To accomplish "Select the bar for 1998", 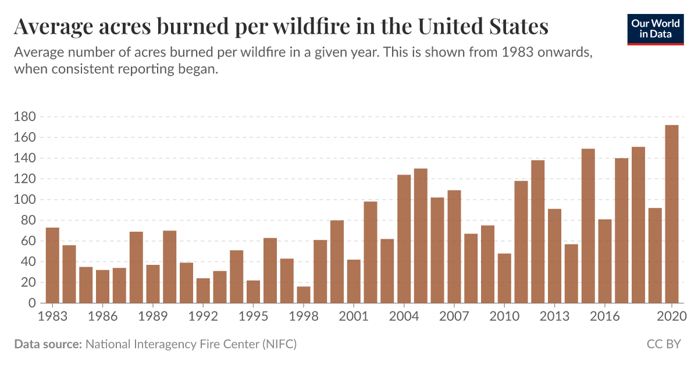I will click(x=304, y=295).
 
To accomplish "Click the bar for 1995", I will click(x=253, y=292).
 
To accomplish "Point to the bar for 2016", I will click(x=605, y=261).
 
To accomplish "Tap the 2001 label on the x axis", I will click(x=354, y=317).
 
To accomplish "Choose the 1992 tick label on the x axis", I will click(x=203, y=317).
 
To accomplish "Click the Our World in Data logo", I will click(x=656, y=28).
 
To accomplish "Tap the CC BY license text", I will click(x=663, y=345).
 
